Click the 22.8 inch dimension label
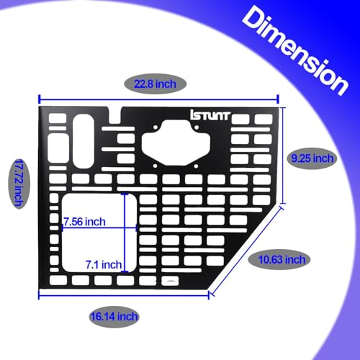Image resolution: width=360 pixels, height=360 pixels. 155,84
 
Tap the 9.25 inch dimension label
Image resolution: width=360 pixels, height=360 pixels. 312,158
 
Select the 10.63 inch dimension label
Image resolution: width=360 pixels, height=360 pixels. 282,260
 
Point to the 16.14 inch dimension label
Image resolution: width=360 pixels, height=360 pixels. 114,317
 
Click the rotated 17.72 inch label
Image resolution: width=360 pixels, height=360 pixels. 19,183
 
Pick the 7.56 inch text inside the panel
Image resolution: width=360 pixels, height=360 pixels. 84,222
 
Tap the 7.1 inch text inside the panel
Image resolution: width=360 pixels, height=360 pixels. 104,265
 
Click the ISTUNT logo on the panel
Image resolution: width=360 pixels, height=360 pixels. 210,115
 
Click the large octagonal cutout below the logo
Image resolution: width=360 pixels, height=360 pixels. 176,143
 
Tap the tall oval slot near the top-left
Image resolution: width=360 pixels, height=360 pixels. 84,141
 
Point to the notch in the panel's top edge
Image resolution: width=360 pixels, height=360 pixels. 115,115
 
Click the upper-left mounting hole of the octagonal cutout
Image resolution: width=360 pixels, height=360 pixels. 156,127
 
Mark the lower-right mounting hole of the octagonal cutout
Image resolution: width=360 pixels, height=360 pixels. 196,166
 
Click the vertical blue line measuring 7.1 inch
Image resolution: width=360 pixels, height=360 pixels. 125,233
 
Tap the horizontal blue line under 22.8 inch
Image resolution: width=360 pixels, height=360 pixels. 158,99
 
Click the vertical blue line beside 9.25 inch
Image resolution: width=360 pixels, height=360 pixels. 283,156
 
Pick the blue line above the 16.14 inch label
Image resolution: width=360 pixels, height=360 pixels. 124,295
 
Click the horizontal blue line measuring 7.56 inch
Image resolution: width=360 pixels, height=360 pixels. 99,228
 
